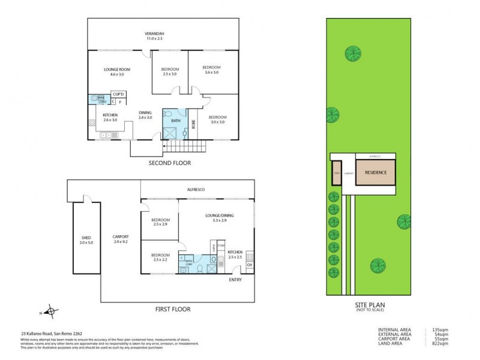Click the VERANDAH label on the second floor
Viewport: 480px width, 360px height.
154,34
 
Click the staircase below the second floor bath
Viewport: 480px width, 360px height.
184,146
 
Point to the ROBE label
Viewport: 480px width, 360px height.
193,124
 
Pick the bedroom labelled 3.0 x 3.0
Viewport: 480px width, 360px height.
217,119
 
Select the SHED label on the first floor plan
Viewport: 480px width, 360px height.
86,239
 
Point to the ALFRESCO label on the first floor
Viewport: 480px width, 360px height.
196,190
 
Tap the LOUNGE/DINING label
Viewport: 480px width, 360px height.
215,219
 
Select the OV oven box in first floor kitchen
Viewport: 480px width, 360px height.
250,265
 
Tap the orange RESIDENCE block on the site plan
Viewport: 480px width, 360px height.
376,172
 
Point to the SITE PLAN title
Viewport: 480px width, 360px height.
369,305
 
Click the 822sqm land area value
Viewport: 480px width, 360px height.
441,344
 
